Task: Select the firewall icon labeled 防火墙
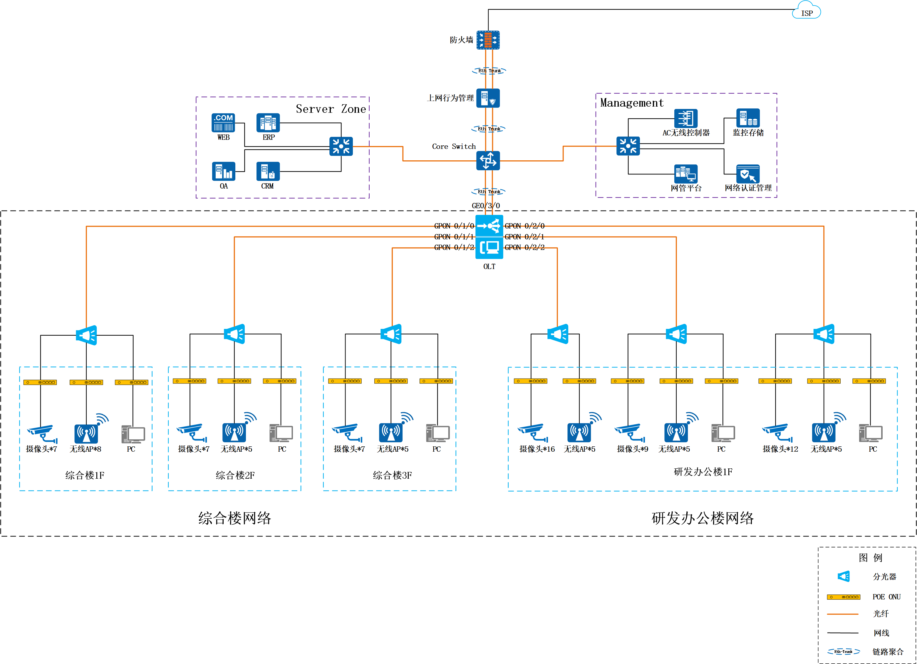[488, 40]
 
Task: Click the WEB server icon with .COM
[223, 122]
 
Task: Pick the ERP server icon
[268, 122]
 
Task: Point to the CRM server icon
[268, 171]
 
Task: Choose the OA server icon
[223, 171]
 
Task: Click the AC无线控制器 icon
[686, 118]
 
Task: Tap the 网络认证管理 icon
[747, 174]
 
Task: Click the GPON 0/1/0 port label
[454, 226]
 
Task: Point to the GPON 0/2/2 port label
[524, 247]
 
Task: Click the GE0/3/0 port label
[486, 206]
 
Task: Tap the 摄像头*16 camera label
[537, 449]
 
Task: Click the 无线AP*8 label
[85, 449]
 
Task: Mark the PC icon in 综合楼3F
[437, 433]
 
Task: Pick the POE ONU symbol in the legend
[844, 597]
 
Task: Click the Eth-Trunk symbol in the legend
[844, 651]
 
